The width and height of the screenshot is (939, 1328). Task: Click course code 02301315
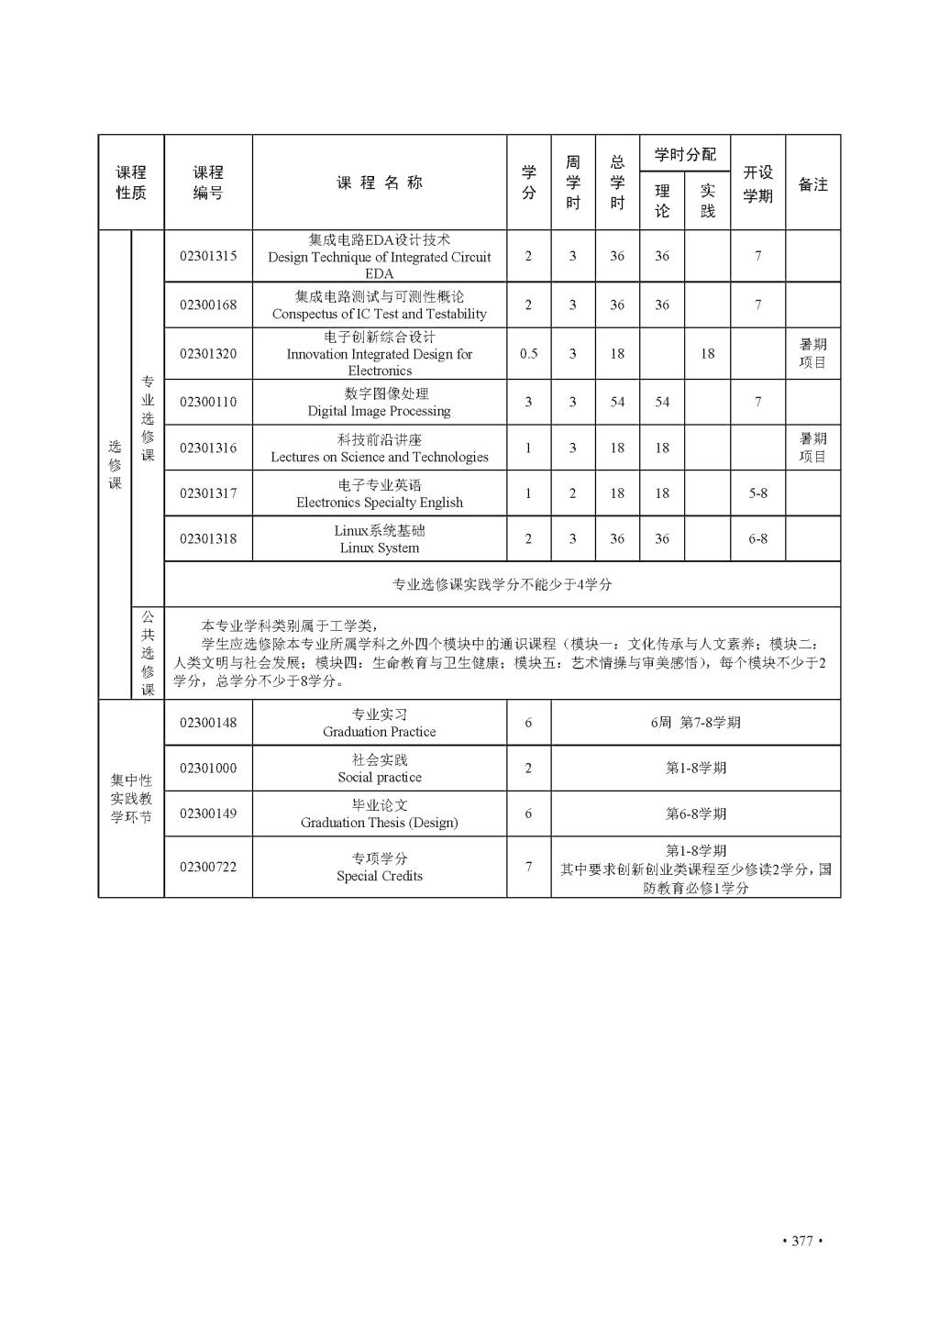(208, 256)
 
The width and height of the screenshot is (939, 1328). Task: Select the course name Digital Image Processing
(379, 403)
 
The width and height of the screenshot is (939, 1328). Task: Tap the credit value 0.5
(528, 354)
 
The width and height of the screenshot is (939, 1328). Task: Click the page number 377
(801, 1241)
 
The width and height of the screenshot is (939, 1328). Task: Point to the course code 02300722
(208, 867)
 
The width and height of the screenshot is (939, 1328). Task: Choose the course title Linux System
(379, 539)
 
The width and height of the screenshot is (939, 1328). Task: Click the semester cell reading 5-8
(757, 493)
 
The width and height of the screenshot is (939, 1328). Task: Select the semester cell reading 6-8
(757, 539)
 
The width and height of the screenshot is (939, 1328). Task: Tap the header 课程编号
(208, 183)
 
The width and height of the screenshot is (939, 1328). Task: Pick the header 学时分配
(685, 153)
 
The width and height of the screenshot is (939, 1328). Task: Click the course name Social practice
(379, 769)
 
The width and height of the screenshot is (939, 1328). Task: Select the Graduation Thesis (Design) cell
(379, 813)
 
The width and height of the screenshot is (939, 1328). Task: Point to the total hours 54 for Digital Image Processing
(617, 403)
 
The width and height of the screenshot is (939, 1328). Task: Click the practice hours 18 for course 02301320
(707, 354)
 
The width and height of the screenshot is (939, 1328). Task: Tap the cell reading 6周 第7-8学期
(695, 723)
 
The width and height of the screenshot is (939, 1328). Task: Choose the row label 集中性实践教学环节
(131, 798)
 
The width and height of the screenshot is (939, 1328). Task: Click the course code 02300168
(208, 305)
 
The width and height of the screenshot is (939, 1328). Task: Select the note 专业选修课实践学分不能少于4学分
(502, 584)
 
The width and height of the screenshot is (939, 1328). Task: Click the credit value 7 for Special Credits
(528, 867)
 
